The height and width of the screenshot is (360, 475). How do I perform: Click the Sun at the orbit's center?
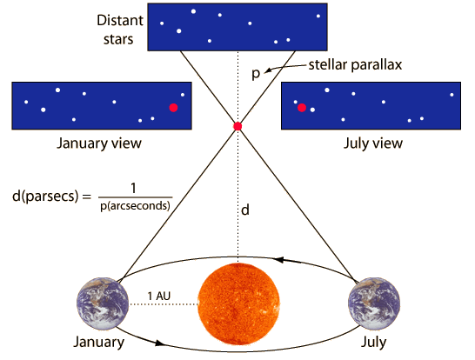(x=238, y=304)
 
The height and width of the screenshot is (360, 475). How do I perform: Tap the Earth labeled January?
(x=103, y=303)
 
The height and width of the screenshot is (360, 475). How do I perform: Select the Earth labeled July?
(x=374, y=303)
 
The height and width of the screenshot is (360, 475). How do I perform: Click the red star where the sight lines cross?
(x=237, y=126)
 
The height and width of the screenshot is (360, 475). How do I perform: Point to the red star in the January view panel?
(x=173, y=108)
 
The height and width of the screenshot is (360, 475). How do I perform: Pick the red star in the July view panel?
(x=302, y=108)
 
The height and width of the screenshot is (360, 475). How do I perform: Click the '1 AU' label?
(x=158, y=296)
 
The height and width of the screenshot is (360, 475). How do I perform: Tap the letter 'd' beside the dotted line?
(x=245, y=210)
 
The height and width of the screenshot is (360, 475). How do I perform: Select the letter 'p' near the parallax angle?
(x=256, y=74)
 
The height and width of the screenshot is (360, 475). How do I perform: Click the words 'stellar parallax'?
(x=355, y=65)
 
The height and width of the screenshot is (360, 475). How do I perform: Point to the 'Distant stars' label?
(x=120, y=30)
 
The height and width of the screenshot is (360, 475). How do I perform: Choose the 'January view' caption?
(x=99, y=143)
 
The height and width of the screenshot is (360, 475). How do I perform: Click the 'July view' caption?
(x=373, y=143)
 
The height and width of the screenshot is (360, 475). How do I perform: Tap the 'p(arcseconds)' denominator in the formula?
(x=135, y=206)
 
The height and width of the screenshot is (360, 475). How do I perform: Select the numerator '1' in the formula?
(x=133, y=189)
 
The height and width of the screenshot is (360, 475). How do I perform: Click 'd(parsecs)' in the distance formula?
(x=45, y=197)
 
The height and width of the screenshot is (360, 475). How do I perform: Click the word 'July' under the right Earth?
(x=373, y=343)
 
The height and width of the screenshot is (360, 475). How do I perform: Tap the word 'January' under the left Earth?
(x=99, y=343)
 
